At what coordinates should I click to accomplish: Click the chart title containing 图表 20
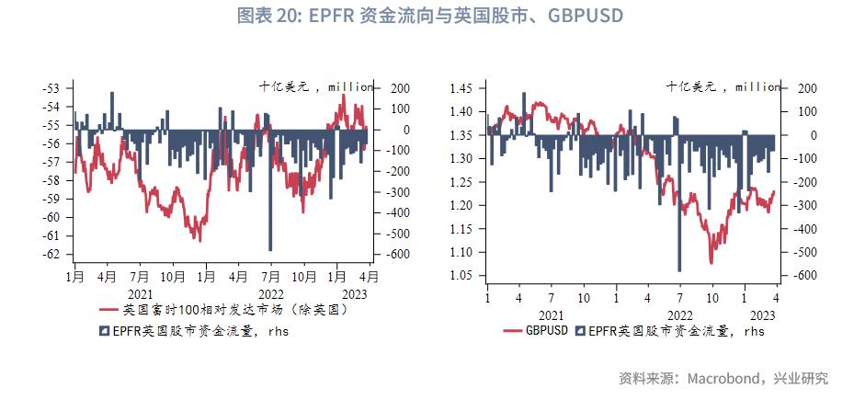click(430, 16)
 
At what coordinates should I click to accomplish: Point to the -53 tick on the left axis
click(51, 88)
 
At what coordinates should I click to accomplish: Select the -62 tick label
click(51, 255)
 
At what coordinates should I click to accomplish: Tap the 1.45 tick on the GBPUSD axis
click(461, 88)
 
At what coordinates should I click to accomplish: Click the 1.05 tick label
click(461, 276)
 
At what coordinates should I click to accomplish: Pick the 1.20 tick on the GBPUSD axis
click(461, 205)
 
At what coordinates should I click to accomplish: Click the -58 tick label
click(51, 180)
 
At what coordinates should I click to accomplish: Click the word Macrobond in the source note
click(715, 378)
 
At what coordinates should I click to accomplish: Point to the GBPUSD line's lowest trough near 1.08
click(711, 262)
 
